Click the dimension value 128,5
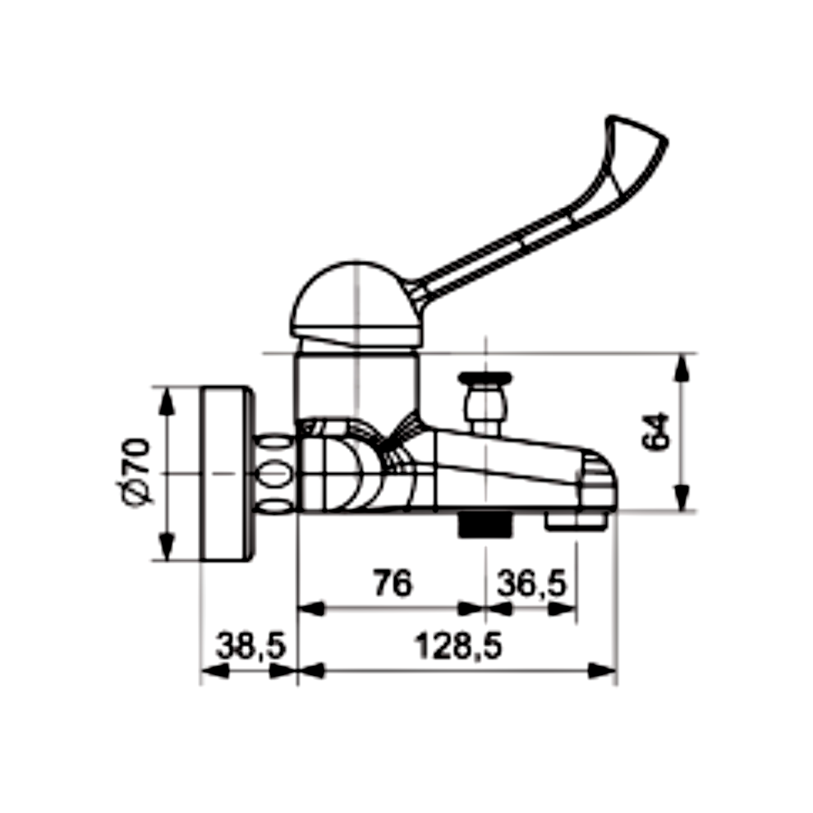458,646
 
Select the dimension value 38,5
251,646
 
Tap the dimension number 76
393,583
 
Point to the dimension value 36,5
532,583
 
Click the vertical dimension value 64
655,431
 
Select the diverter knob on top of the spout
485,402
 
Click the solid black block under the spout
485,524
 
